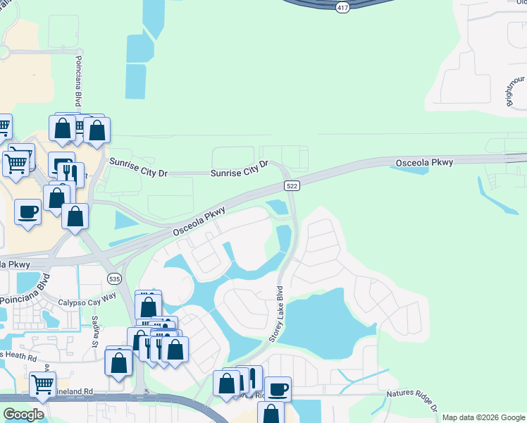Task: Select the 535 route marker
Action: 115,279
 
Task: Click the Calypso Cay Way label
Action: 87,299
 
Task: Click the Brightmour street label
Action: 516,90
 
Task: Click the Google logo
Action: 23,415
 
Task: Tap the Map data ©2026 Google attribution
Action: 483,417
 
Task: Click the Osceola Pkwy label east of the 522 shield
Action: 423,163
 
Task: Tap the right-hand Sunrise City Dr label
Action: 240,168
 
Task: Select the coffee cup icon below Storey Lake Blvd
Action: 278,388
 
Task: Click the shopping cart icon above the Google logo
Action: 42,384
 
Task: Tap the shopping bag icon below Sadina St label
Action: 119,362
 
